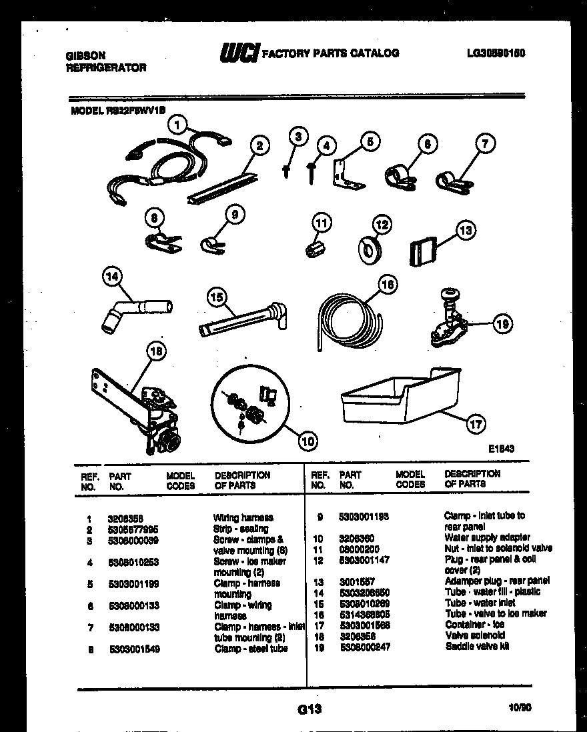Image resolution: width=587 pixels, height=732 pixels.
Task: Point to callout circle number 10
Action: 307,440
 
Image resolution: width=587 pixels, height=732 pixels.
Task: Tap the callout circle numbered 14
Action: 113,277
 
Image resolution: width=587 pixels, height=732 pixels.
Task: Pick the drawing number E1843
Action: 500,449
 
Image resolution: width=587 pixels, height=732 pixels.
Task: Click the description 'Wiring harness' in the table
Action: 243,517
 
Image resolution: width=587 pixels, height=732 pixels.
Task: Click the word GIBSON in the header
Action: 85,57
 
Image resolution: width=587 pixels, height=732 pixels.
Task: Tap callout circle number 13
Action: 466,231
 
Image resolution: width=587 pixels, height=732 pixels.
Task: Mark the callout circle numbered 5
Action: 370,142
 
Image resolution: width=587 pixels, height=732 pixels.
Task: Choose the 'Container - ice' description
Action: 474,625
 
